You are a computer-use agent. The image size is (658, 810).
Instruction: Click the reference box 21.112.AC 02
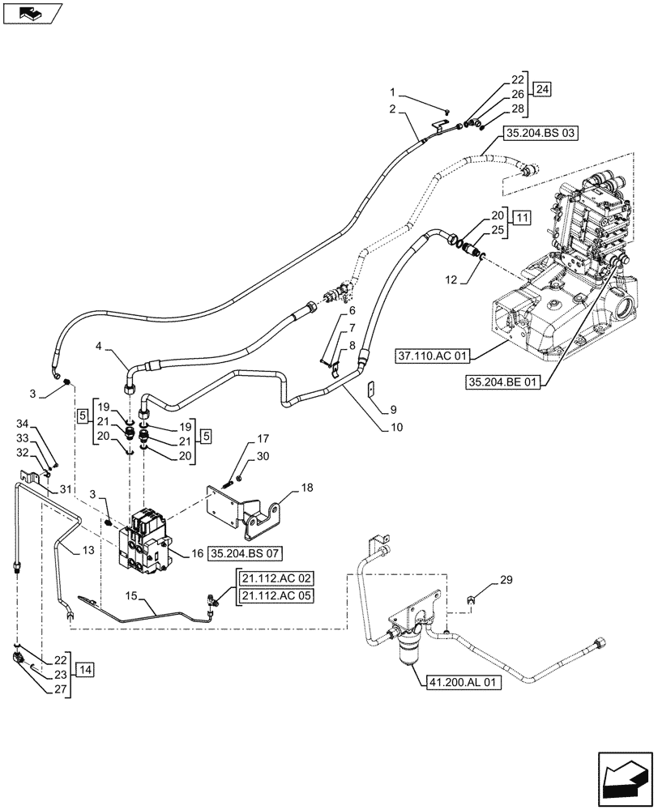(275, 578)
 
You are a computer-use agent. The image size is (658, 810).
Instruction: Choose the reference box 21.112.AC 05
(275, 597)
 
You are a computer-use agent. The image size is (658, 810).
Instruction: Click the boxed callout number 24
(540, 90)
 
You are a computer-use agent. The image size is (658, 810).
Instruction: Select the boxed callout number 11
(523, 218)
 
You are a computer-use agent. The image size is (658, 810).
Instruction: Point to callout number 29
(506, 581)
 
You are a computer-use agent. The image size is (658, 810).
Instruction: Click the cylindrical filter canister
(410, 649)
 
